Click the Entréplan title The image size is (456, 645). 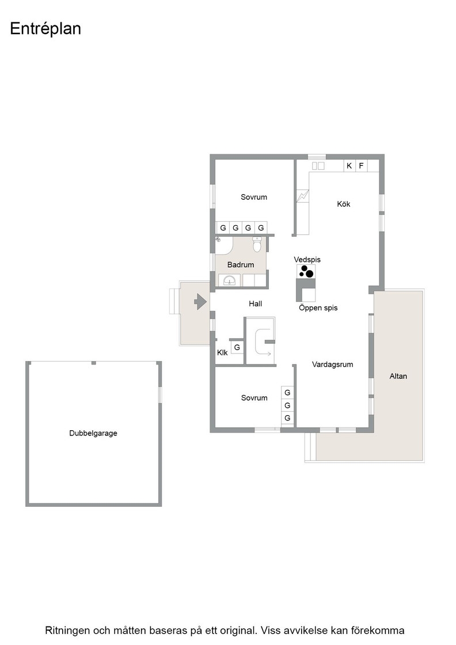tap(45, 29)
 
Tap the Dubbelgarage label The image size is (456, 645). tap(93, 433)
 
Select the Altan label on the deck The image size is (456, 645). tap(398, 376)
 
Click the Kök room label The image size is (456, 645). tap(343, 204)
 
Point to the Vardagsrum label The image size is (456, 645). tap(332, 365)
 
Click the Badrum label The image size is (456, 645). tap(241, 265)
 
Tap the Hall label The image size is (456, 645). tap(255, 304)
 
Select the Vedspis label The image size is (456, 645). tap(307, 260)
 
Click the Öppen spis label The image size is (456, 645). tap(318, 308)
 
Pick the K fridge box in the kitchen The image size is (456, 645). tap(349, 166)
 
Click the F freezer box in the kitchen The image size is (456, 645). tap(362, 166)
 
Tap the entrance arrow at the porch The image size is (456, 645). tap(200, 302)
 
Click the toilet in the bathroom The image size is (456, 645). tap(257, 244)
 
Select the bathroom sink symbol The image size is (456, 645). tap(229, 280)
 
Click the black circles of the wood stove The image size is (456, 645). tap(306, 271)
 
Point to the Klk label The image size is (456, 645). tap(222, 352)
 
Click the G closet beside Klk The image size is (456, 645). tap(237, 348)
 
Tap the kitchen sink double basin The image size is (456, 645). tap(318, 166)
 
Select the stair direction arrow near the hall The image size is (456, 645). tap(263, 353)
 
